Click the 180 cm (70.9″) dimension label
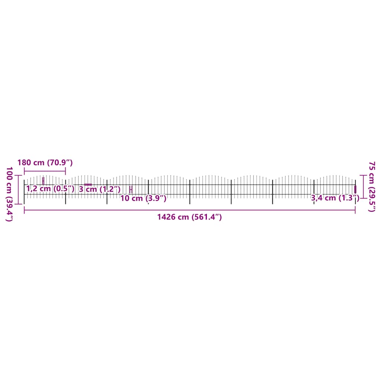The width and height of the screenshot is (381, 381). [45, 163]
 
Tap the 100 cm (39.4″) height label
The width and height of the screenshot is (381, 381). [9, 194]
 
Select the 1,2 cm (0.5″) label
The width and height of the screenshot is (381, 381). [50, 189]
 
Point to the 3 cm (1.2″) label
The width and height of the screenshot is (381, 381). [100, 189]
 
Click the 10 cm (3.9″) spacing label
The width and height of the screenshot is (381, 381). [143, 198]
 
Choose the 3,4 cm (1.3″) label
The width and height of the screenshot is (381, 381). [335, 198]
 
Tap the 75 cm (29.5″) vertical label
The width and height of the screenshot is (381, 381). [372, 186]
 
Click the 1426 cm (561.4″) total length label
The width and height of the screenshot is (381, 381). [189, 217]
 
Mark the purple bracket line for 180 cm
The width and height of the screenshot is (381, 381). [45, 171]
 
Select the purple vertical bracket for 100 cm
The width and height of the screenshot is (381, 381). [19, 189]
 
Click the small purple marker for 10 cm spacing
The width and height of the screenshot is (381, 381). [131, 189]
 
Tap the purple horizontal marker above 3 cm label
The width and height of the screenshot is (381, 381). [88, 184]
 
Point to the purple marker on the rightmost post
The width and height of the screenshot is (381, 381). [355, 189]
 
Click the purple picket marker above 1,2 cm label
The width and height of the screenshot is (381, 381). [43, 181]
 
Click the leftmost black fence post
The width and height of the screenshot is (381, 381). [24, 192]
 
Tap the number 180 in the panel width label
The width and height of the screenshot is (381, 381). [24, 163]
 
